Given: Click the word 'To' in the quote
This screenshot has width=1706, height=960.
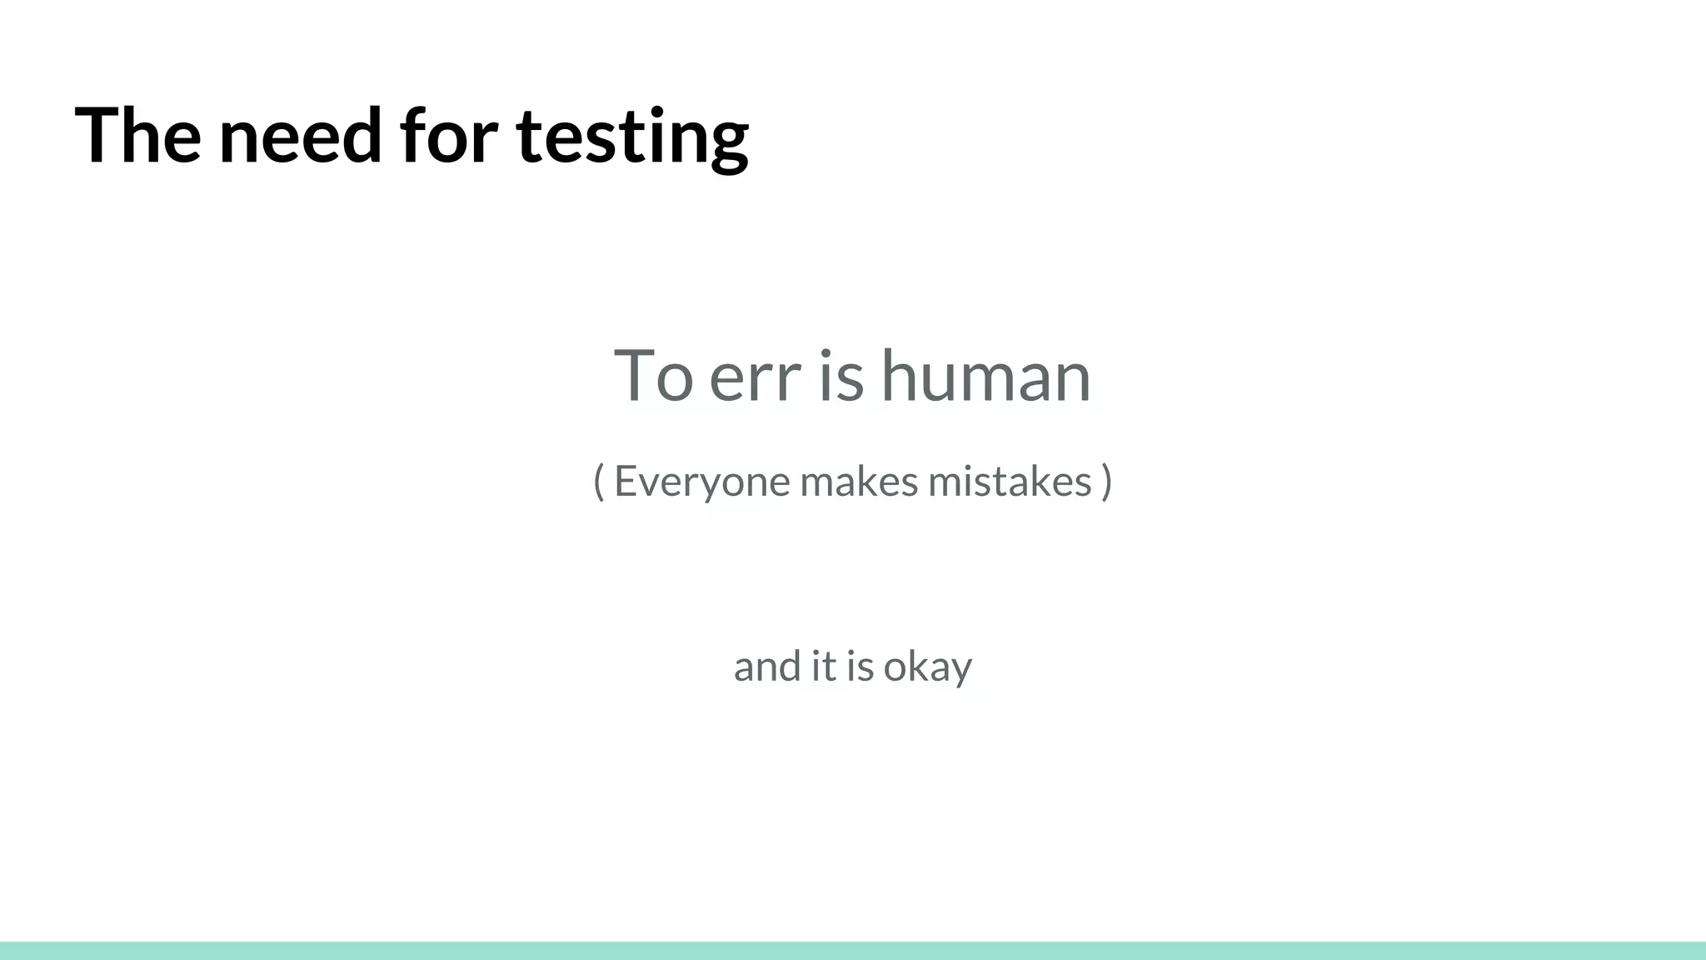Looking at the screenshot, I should coord(653,377).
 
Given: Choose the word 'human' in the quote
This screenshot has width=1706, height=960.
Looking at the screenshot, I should coord(985,377).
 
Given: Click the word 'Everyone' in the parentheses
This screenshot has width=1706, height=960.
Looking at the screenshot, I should coord(701,482).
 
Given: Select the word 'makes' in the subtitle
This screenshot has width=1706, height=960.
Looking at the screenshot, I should coord(859,482).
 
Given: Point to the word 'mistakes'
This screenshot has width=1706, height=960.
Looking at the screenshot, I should coord(1010,482).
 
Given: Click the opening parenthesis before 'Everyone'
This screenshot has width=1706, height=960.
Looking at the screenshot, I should coord(598,482).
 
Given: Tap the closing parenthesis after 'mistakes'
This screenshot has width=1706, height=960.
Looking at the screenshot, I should coord(1106,482).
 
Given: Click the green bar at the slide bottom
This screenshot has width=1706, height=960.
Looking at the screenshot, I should coord(853,951).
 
